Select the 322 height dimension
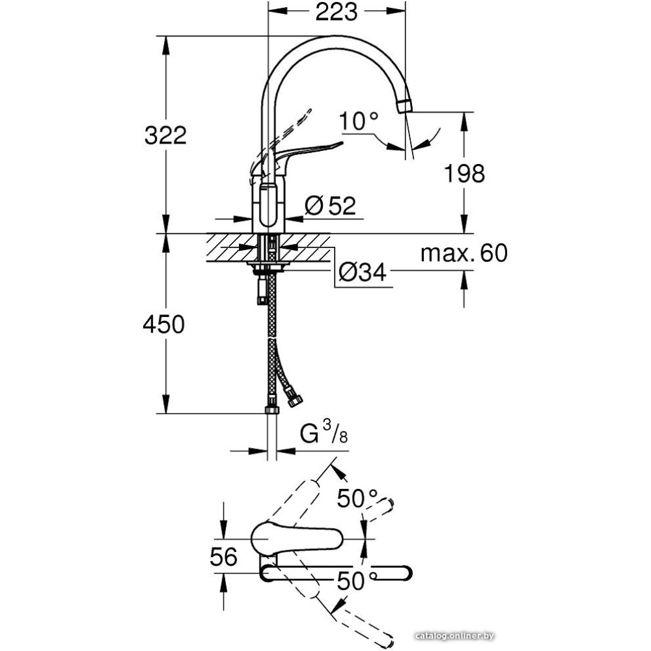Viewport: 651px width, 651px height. click(x=165, y=135)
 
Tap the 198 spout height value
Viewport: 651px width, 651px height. click(x=465, y=173)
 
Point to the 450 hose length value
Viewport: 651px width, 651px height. click(x=163, y=324)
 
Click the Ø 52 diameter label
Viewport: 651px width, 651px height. click(x=330, y=206)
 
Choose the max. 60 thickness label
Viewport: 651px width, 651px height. click(x=464, y=253)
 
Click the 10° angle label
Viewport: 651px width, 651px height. click(x=359, y=121)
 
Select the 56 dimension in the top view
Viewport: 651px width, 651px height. click(x=223, y=557)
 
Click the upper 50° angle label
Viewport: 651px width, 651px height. click(x=357, y=499)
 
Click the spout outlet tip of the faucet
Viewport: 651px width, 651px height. click(x=405, y=106)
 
